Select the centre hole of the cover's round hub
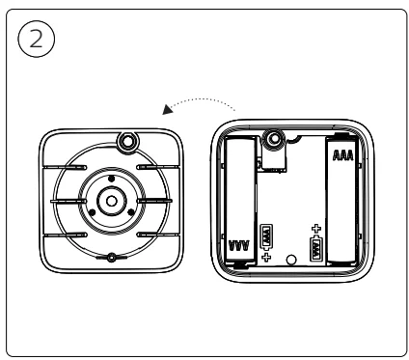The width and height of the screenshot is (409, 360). pos(112,201)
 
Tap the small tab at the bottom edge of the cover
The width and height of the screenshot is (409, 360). pos(113,257)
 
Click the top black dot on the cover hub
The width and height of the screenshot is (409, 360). pos(112,180)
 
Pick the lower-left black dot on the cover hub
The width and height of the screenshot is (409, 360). pos(95,210)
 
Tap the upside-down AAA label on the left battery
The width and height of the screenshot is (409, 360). pos(240,246)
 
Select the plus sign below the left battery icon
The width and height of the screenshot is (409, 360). pos(264,260)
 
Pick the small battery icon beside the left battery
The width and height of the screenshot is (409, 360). pos(265,236)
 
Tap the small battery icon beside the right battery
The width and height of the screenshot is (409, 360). pos(315,249)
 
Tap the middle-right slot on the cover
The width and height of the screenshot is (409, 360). pos(160,201)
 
